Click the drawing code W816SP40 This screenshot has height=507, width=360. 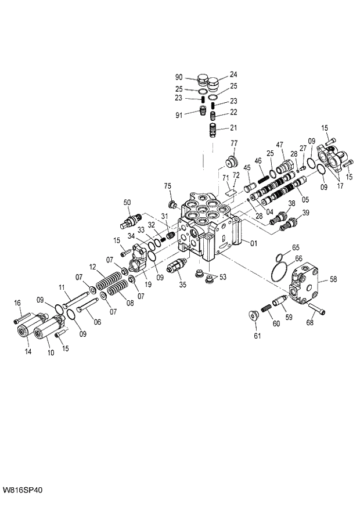tap(22, 490)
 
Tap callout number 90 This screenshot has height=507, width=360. tap(179, 77)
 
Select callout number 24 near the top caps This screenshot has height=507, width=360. tap(233, 74)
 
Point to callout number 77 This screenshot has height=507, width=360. tap(235, 143)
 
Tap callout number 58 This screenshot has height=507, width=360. tap(333, 279)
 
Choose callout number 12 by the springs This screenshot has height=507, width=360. tap(92, 267)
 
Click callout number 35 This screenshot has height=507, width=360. tap(182, 285)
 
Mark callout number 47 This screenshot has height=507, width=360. tap(279, 145)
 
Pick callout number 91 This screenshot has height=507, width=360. tap(179, 115)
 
